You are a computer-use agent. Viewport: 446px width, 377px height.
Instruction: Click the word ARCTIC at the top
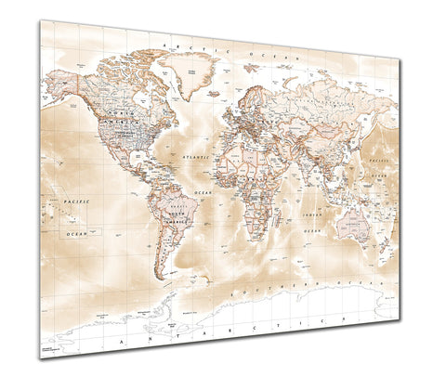176,45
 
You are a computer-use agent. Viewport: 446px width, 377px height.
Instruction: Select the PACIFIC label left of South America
75,200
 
